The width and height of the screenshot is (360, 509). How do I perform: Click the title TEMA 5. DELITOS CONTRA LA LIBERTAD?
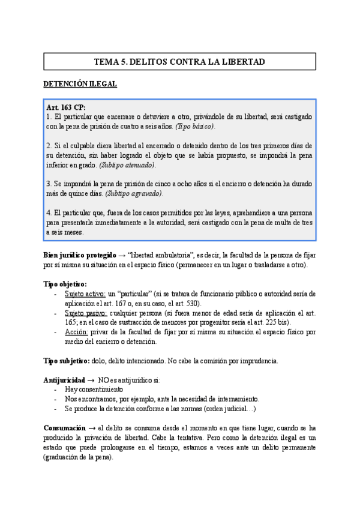[180, 62]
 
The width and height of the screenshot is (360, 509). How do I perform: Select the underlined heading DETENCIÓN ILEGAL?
[80, 84]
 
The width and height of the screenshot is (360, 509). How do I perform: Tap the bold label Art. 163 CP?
[66, 107]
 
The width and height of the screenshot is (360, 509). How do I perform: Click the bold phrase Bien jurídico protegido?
[80, 255]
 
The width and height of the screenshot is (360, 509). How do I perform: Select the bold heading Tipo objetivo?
[65, 284]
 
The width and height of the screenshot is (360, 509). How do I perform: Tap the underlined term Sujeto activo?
[85, 294]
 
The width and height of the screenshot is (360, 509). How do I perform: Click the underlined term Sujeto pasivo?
[86, 313]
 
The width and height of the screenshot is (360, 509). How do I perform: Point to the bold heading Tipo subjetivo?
[67, 361]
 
